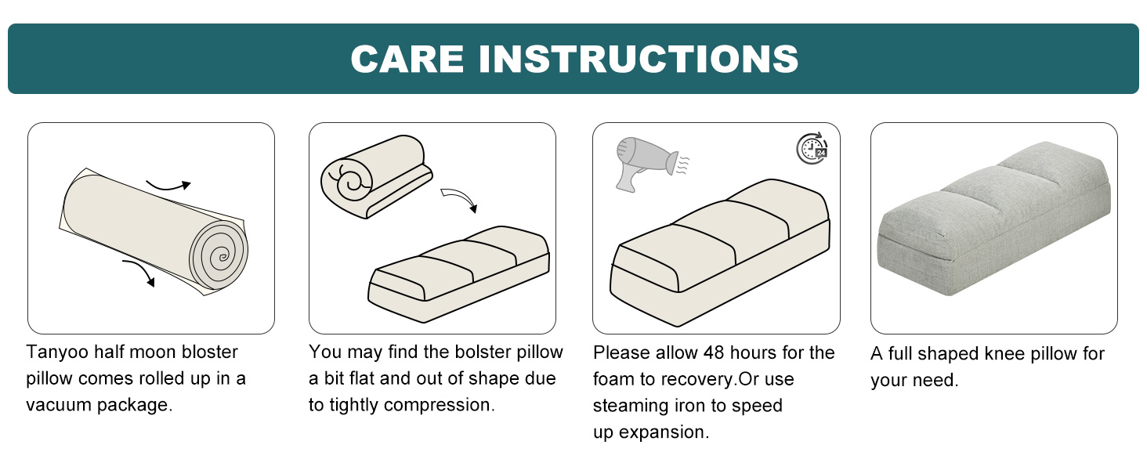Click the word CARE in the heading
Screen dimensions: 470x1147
coord(407,60)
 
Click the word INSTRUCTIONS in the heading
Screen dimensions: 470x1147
coord(638,60)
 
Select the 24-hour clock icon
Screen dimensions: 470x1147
coord(812,148)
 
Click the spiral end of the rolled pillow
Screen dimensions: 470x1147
coord(219,255)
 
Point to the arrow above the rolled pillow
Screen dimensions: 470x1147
coord(168,186)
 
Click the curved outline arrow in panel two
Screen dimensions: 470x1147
coord(459,200)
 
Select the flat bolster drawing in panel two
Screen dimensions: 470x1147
coord(459,274)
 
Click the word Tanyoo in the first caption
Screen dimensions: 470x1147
coord(56,352)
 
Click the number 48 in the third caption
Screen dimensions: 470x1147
coord(713,353)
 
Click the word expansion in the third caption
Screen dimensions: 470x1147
coord(662,432)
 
